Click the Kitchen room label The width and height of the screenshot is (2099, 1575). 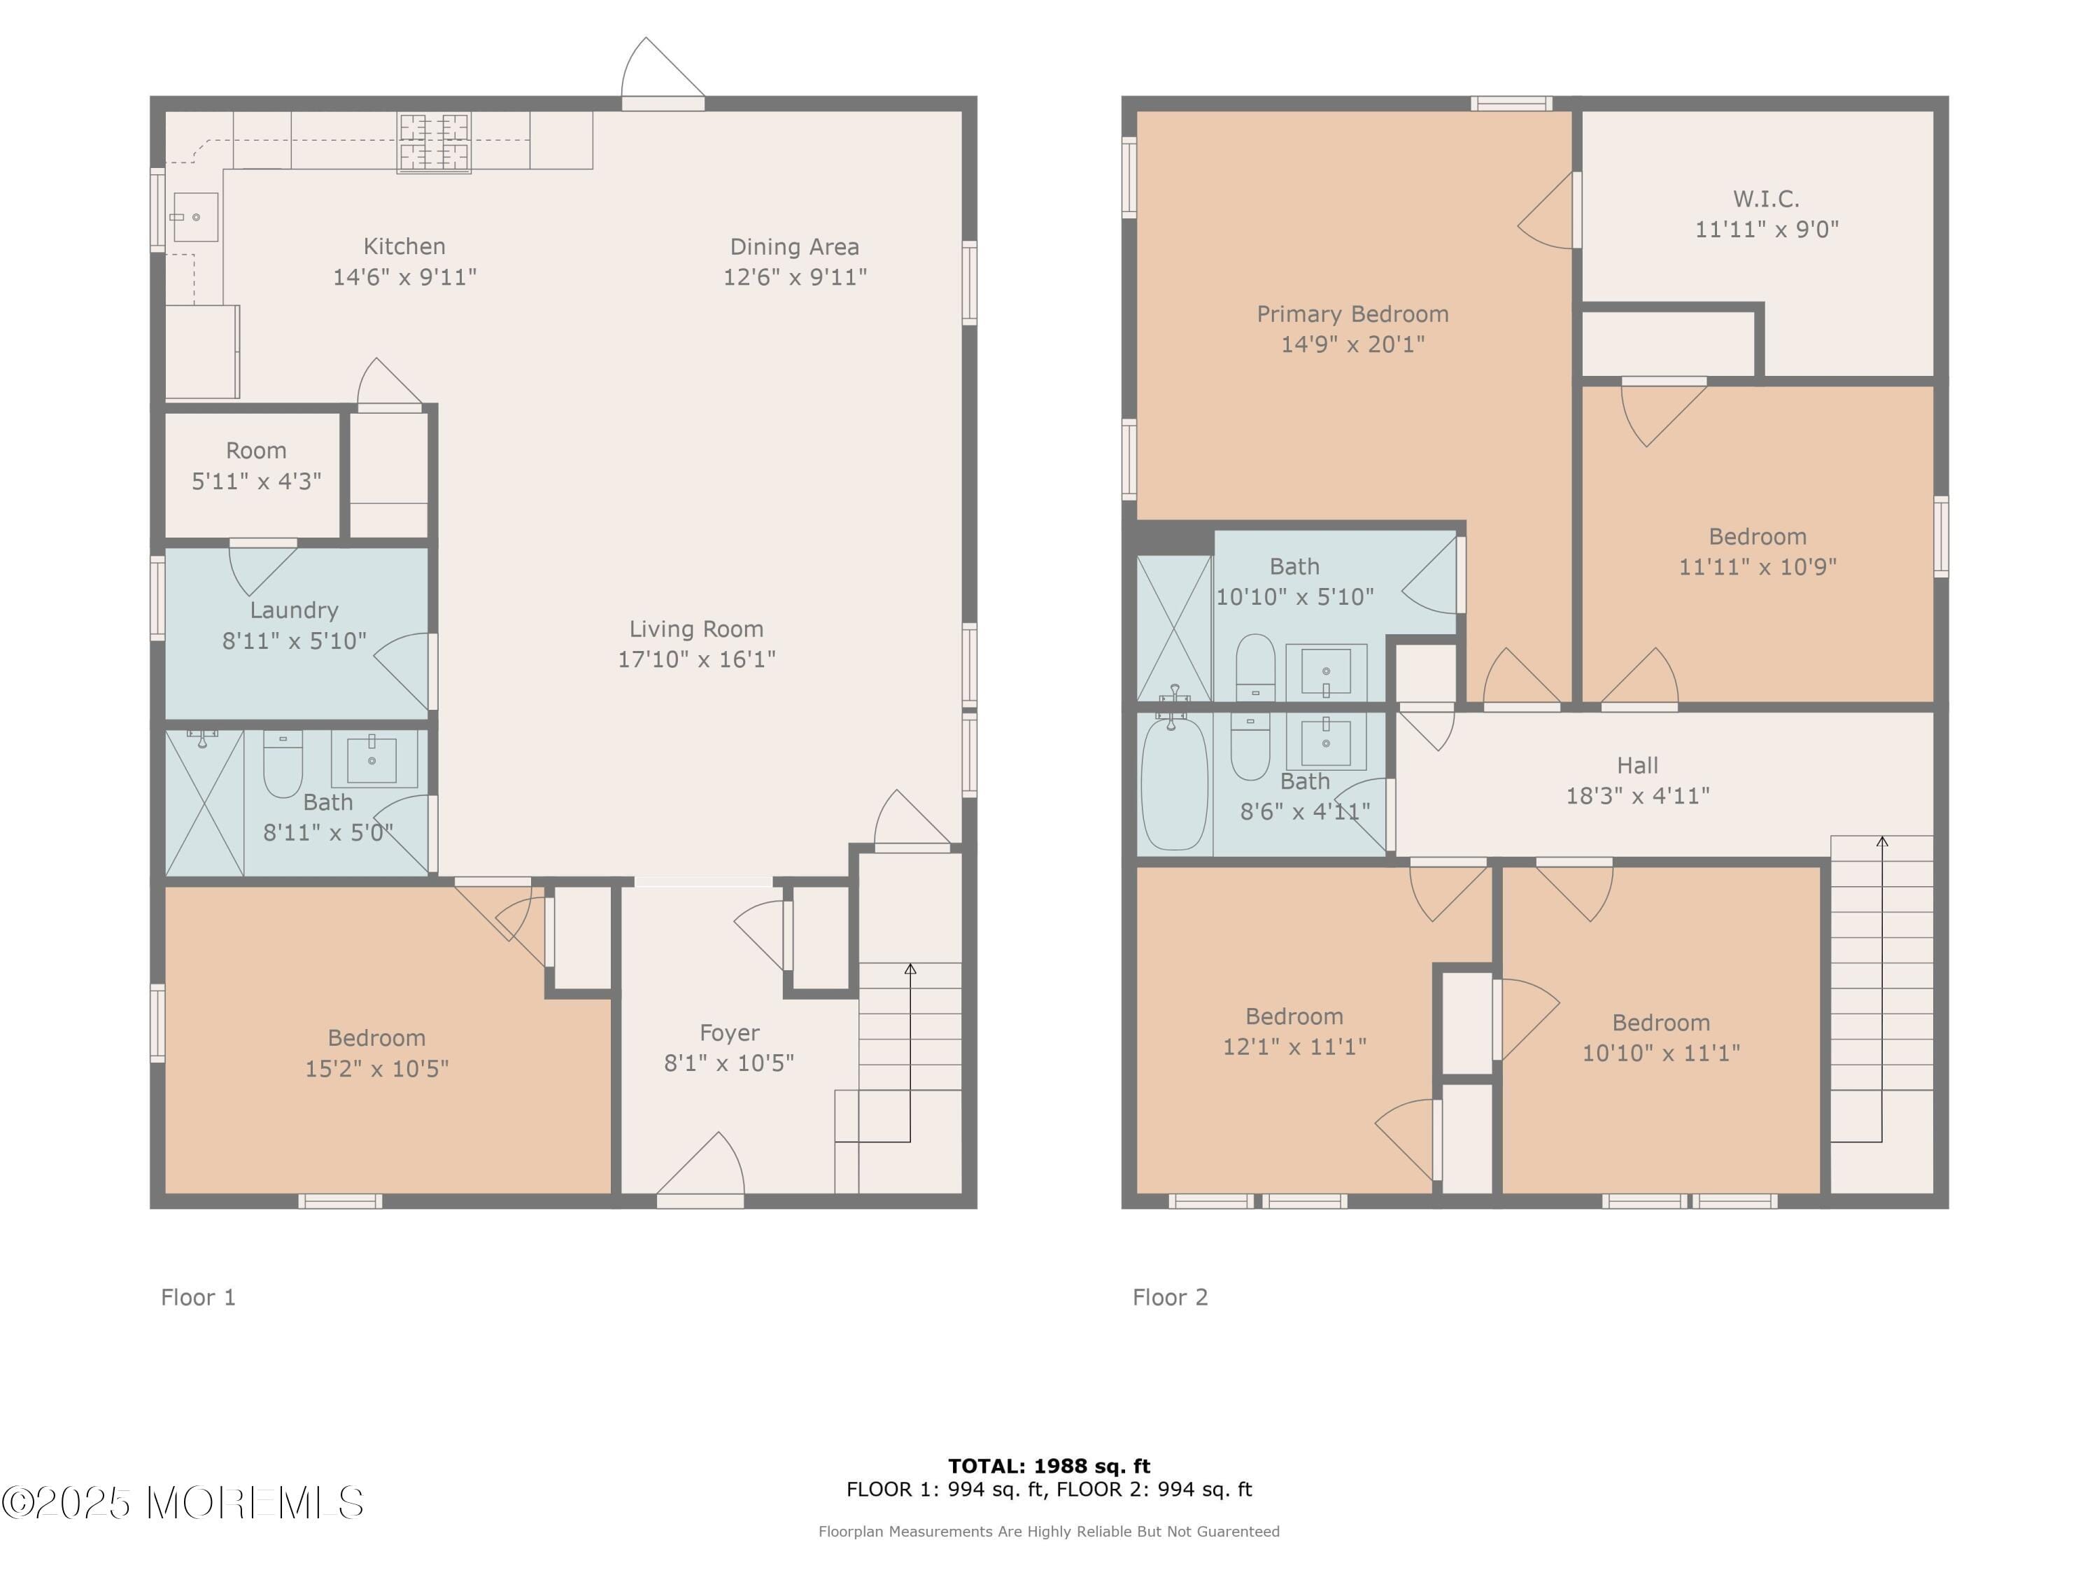404,247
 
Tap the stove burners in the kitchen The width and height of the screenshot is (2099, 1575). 434,142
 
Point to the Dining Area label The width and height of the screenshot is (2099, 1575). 794,247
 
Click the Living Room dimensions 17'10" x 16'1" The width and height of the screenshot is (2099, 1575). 696,659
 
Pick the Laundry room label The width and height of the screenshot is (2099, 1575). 294,610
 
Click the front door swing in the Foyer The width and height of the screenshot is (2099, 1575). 702,1165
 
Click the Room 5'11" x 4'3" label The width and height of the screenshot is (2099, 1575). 256,465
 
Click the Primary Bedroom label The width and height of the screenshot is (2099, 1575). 1352,314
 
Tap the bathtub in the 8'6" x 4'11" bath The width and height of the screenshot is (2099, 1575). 1174,784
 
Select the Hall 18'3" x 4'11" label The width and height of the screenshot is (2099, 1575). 1637,780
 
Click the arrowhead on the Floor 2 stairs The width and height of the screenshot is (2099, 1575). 1881,841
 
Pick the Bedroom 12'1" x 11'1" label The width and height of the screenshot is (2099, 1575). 1294,1031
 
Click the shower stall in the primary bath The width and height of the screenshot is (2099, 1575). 1174,629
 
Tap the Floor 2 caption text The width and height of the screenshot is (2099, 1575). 1170,1297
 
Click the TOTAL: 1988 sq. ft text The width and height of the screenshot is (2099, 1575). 1049,1466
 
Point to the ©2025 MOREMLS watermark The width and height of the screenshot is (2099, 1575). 182,1503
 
